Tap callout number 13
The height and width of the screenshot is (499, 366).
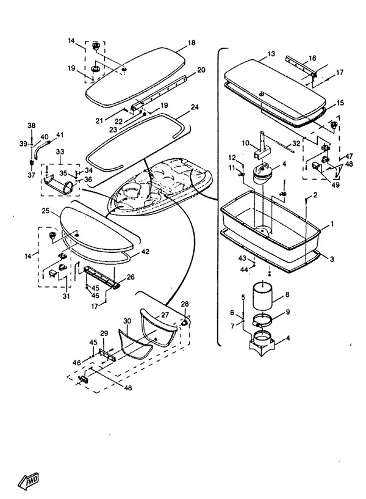point(271,55)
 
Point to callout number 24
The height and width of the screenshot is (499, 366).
point(195,107)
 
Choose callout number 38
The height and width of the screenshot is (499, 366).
point(31,125)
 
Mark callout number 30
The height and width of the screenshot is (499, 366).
point(126,320)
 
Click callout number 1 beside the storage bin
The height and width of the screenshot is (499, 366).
point(332,225)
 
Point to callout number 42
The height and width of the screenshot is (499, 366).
point(145,251)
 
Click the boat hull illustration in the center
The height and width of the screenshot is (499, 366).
point(162,186)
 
